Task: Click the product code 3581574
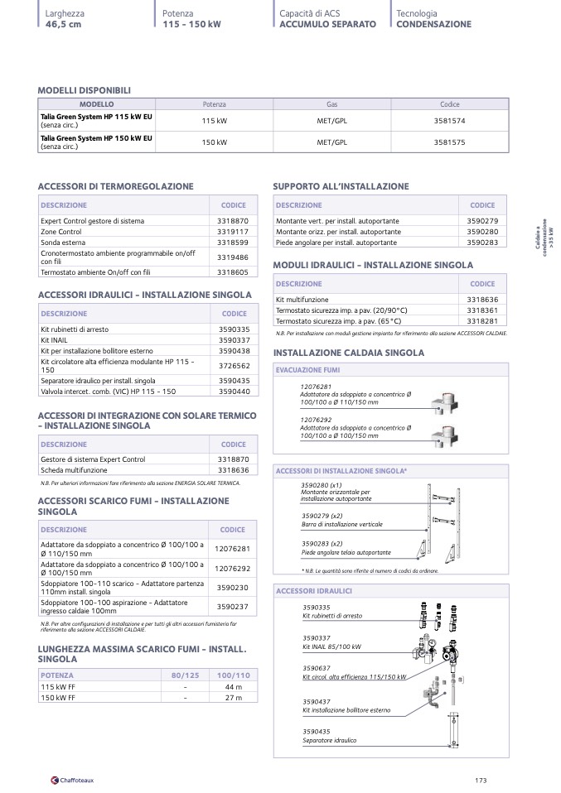(449, 121)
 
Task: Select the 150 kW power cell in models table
(215, 142)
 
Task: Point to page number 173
(481, 779)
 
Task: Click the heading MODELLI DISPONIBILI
(85, 90)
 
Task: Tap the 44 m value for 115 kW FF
(233, 687)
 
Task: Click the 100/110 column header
(233, 675)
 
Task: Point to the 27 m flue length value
(233, 698)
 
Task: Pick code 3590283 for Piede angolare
(481, 243)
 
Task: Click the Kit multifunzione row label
(302, 299)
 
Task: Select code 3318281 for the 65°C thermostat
(481, 320)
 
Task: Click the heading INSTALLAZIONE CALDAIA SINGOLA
(348, 353)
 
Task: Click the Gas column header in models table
(331, 104)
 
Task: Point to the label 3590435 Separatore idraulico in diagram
(329, 736)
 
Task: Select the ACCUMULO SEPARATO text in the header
(327, 24)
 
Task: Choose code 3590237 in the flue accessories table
(232, 607)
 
